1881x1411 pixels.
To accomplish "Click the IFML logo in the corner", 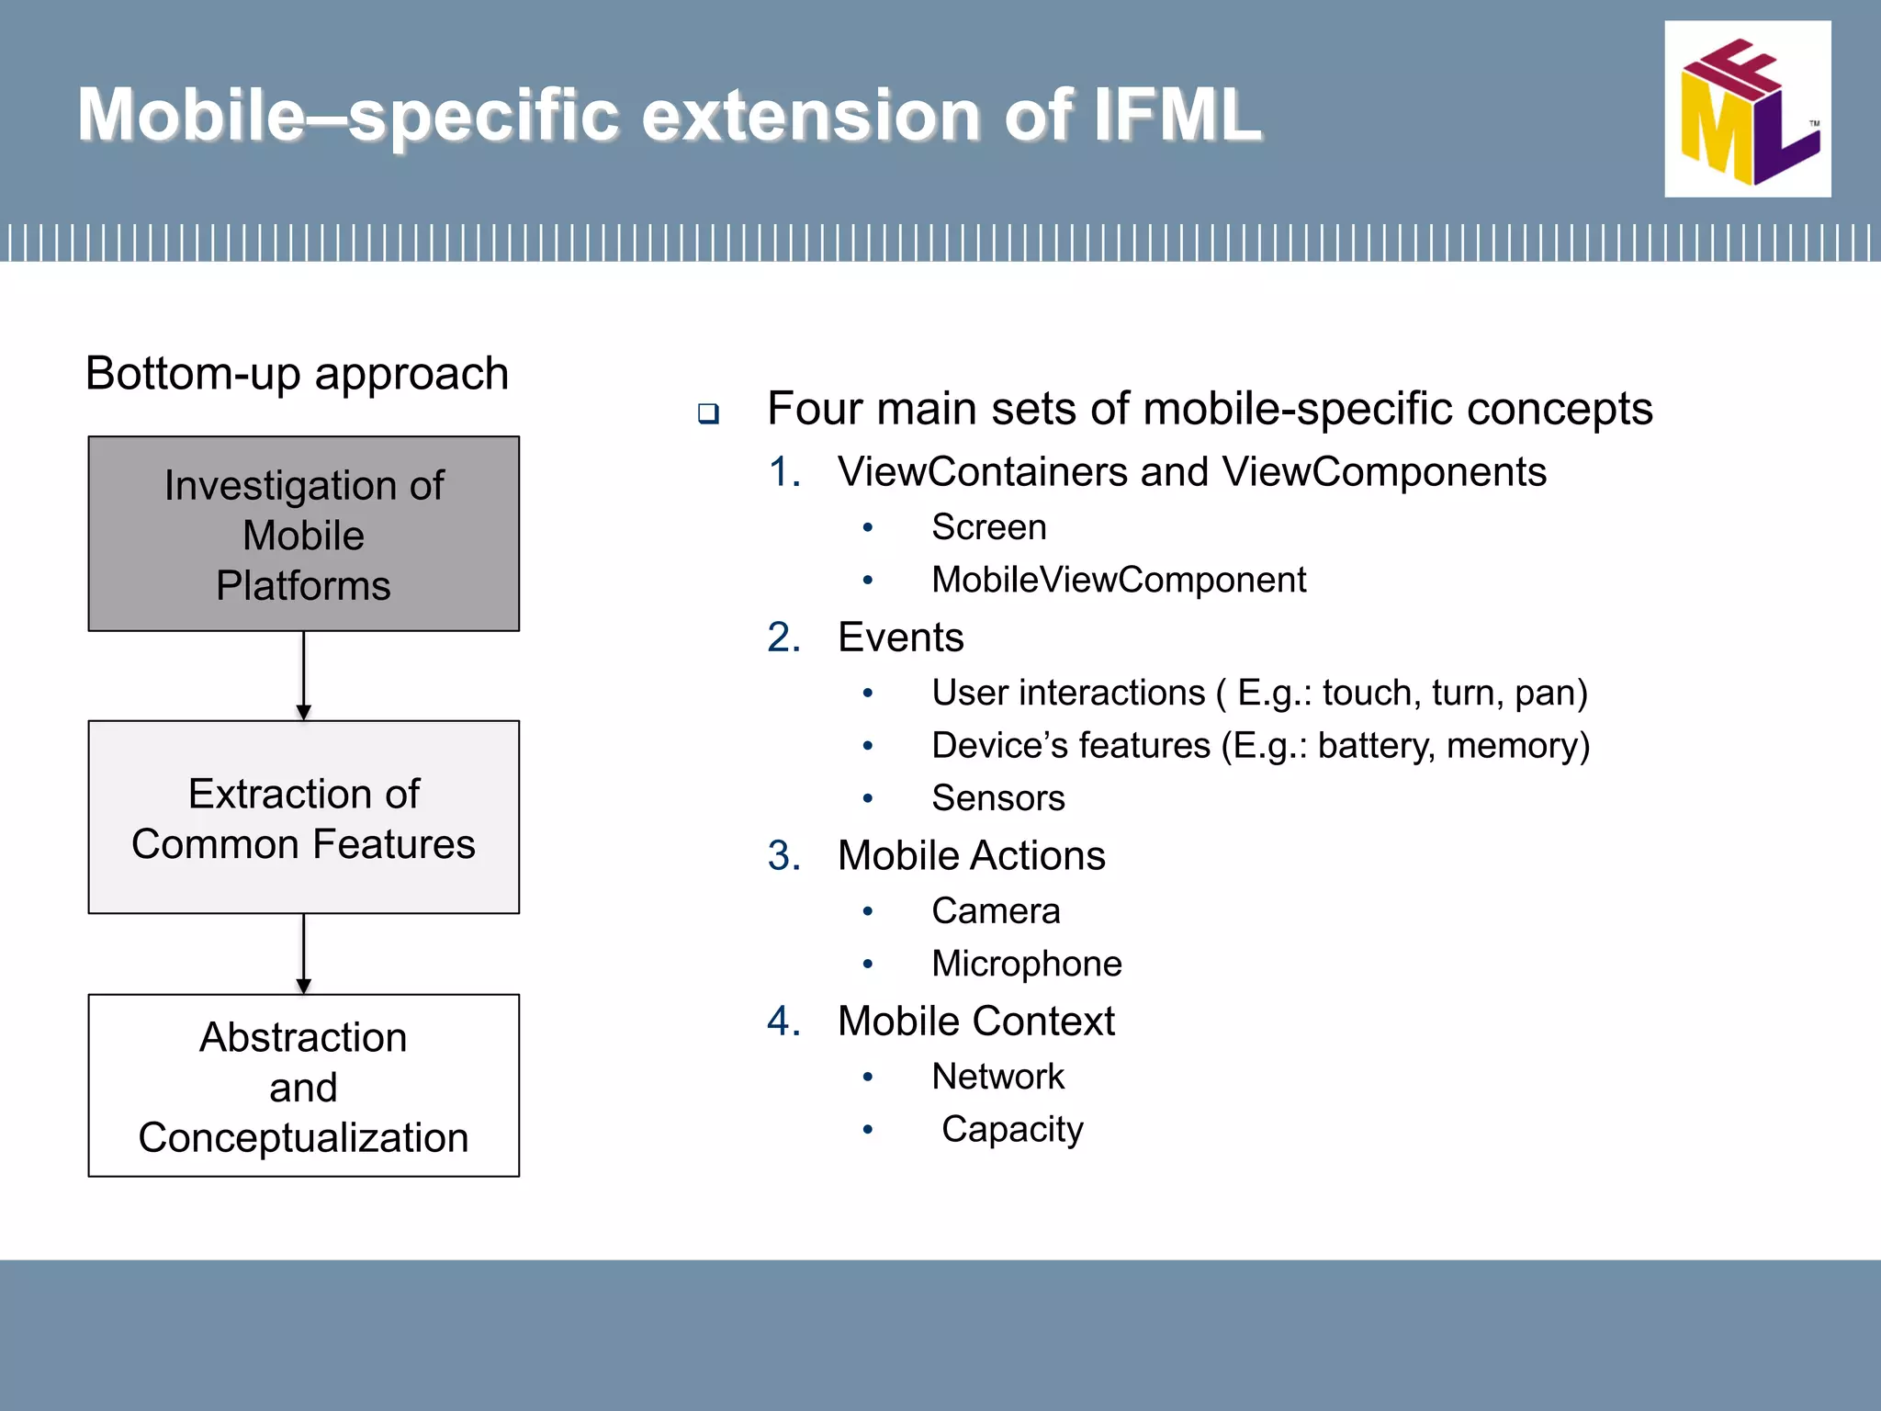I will [1747, 109].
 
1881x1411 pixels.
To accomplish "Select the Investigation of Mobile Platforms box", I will [303, 534].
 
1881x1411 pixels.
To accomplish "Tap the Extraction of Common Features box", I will [303, 818].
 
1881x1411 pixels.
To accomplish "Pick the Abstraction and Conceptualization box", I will [303, 1086].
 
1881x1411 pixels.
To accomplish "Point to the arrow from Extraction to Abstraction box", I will [304, 954].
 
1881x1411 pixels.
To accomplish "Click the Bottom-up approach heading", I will [297, 374].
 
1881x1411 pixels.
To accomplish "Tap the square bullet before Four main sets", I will [707, 413].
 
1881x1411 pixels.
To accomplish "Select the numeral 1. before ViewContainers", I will [784, 472].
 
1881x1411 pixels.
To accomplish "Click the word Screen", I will [988, 527].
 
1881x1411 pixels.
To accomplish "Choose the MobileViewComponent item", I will [1118, 580].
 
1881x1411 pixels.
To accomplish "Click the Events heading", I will [900, 638].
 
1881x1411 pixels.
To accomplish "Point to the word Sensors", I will [997, 798].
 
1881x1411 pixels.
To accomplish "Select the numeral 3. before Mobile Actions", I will [784, 856].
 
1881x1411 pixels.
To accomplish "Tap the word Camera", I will [996, 911].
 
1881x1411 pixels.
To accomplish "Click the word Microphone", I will [1026, 964].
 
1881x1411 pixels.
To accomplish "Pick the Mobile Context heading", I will [975, 1022].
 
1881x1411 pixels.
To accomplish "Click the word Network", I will [997, 1077].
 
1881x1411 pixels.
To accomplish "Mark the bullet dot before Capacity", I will [867, 1129].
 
